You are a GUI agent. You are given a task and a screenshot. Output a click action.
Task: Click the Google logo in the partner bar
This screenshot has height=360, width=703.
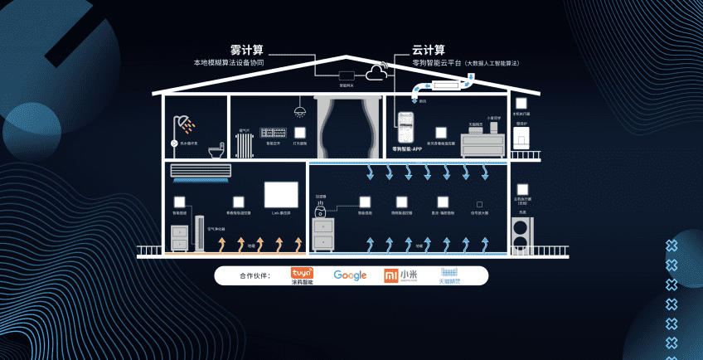click(350, 275)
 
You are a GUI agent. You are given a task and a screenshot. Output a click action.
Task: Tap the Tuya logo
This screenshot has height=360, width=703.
click(302, 275)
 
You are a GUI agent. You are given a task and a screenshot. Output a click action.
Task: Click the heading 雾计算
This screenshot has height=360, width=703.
click(246, 50)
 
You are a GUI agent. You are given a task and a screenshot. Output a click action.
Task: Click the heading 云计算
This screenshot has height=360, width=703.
click(429, 50)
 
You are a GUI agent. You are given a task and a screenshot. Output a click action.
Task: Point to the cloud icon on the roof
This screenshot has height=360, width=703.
click(377, 74)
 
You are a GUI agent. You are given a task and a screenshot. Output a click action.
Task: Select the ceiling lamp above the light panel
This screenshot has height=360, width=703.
click(299, 111)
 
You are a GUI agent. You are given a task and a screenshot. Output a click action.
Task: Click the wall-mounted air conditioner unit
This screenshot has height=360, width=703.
click(200, 171)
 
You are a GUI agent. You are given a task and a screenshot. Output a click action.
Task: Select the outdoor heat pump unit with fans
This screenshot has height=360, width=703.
click(521, 233)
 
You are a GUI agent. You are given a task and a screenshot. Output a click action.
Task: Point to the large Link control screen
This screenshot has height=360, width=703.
click(281, 195)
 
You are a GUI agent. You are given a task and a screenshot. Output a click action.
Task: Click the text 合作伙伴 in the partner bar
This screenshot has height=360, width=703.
click(255, 276)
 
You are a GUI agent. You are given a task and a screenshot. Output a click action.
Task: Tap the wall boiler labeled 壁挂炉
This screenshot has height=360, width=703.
click(522, 137)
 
